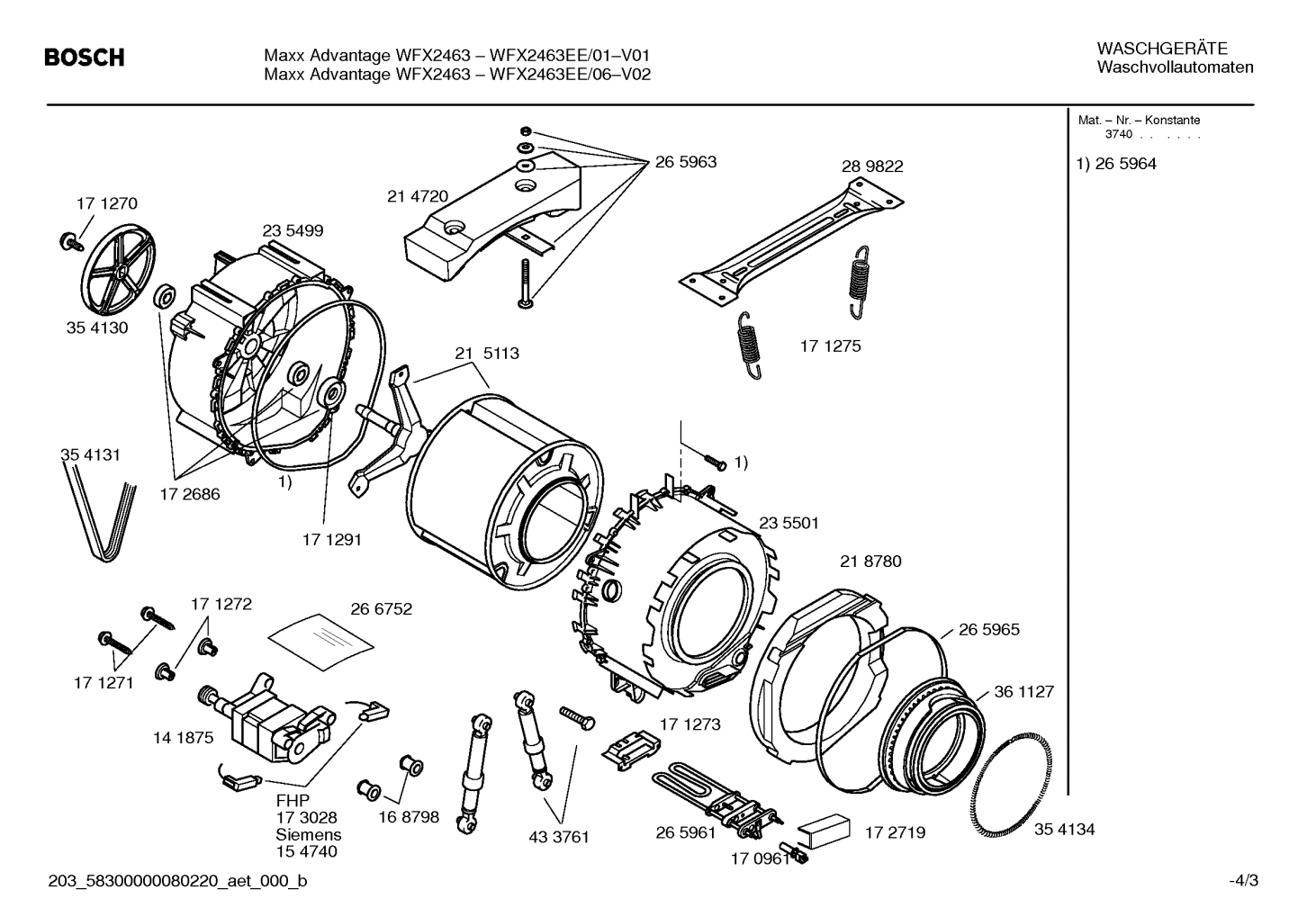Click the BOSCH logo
point(85,58)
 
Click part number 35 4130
point(97,328)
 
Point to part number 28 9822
point(871,166)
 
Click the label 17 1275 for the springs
point(830,346)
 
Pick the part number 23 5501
point(789,523)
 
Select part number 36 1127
point(1023,692)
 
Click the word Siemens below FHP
point(308,834)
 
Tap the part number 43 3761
point(558,837)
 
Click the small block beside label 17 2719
point(824,827)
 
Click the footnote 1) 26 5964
point(1116,164)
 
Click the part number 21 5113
point(486,354)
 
